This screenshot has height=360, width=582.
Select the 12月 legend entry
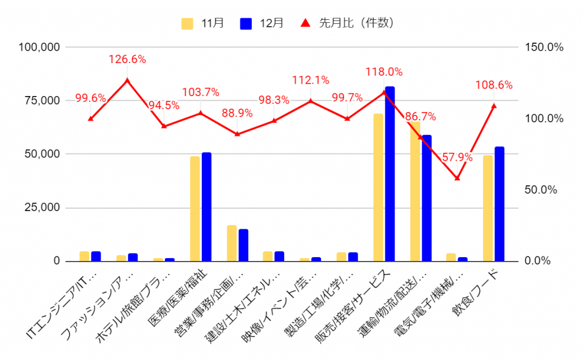click(262, 23)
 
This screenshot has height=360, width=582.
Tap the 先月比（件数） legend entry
click(347, 23)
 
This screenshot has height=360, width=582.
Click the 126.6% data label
click(127, 59)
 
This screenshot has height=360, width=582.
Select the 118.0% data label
click(384, 72)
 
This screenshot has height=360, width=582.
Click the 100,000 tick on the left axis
click(39, 47)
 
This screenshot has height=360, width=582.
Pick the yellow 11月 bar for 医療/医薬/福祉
click(195, 209)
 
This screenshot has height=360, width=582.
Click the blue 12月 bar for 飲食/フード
click(499, 204)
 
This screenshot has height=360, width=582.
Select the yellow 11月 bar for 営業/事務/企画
click(231, 243)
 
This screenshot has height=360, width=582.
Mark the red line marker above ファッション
click(127, 81)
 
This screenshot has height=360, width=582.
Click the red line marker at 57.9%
click(457, 178)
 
